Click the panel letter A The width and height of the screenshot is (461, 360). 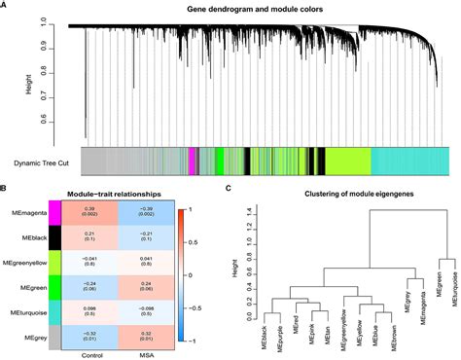click(x=5, y=7)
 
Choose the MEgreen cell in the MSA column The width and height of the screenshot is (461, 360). click(x=146, y=287)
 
